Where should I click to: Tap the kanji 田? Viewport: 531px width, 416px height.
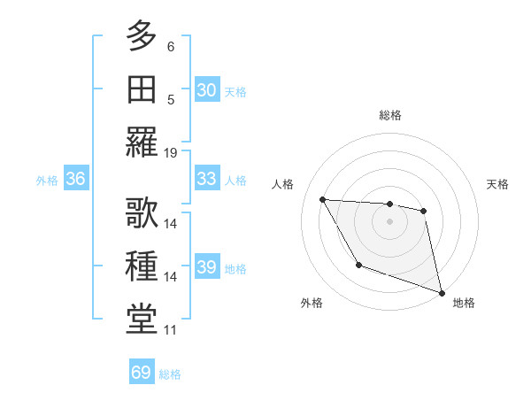[x=142, y=90]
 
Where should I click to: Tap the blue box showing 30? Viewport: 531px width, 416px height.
[x=206, y=90]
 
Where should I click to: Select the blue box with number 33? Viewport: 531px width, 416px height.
[x=206, y=179]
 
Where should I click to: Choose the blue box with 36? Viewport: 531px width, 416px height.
[x=76, y=179]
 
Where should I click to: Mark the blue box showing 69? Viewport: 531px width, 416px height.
[x=142, y=373]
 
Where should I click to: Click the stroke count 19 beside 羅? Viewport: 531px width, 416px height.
[x=171, y=152]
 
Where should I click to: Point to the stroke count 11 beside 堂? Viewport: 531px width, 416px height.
[x=171, y=330]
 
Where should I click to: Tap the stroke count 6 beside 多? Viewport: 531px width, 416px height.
[x=171, y=46]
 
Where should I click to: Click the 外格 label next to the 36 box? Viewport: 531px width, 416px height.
[x=47, y=180]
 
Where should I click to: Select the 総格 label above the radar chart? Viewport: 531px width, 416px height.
[x=389, y=115]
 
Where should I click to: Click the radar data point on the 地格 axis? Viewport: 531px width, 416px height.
[x=442, y=293]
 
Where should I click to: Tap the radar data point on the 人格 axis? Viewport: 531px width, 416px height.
[x=323, y=199]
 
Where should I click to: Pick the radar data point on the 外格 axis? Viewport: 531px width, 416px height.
[x=358, y=265]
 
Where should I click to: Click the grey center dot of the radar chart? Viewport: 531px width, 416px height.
[x=389, y=221]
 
